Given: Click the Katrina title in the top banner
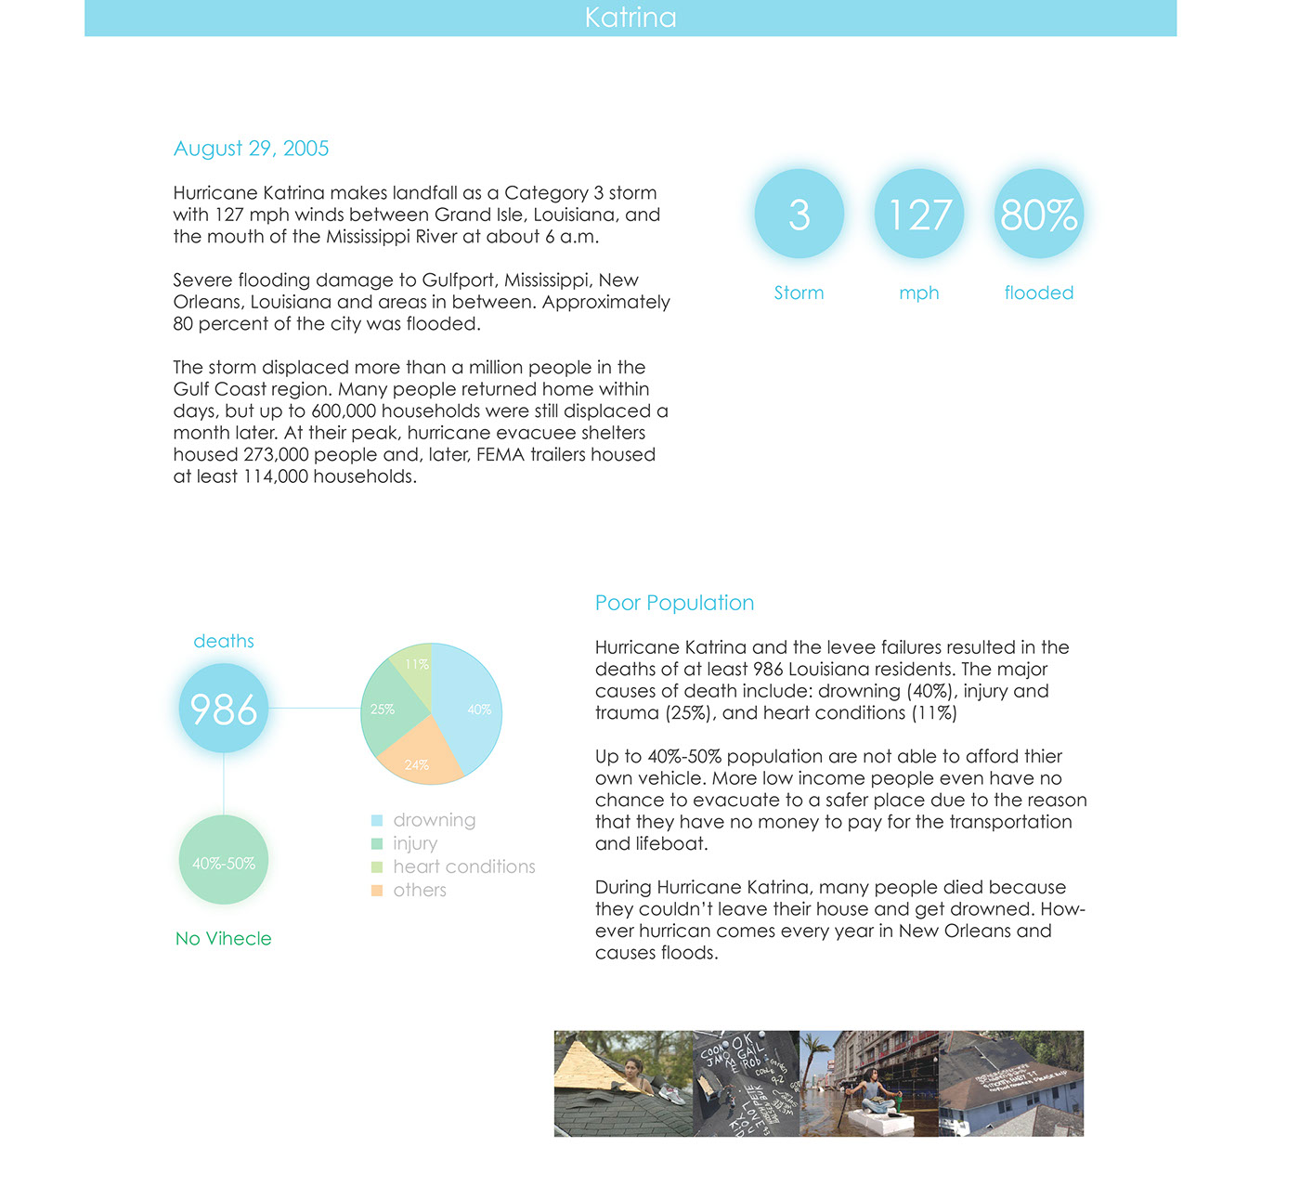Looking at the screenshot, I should pyautogui.click(x=630, y=18).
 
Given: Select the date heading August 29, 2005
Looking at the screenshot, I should pyautogui.click(x=251, y=149).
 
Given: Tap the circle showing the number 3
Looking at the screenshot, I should pyautogui.click(x=799, y=215).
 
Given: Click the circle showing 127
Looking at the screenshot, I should pyautogui.click(x=918, y=215).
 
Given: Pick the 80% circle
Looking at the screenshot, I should pyautogui.click(x=1038, y=215).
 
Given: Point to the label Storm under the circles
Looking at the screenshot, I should pyautogui.click(x=799, y=293).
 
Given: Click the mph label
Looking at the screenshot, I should pyautogui.click(x=918, y=293).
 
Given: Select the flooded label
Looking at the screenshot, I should pyautogui.click(x=1038, y=293).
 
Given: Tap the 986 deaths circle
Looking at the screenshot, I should pyautogui.click(x=224, y=709).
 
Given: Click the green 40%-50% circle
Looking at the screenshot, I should pyautogui.click(x=224, y=863).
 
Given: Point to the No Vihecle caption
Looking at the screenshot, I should pyautogui.click(x=224, y=938).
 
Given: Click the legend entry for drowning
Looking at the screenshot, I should pyautogui.click(x=434, y=820).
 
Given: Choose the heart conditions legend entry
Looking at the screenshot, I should pyautogui.click(x=463, y=867).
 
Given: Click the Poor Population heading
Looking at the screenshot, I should pyautogui.click(x=674, y=603).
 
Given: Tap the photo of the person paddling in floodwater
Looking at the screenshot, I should pyautogui.click(x=869, y=1083).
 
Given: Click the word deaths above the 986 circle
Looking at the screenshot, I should pyautogui.click(x=224, y=641).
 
